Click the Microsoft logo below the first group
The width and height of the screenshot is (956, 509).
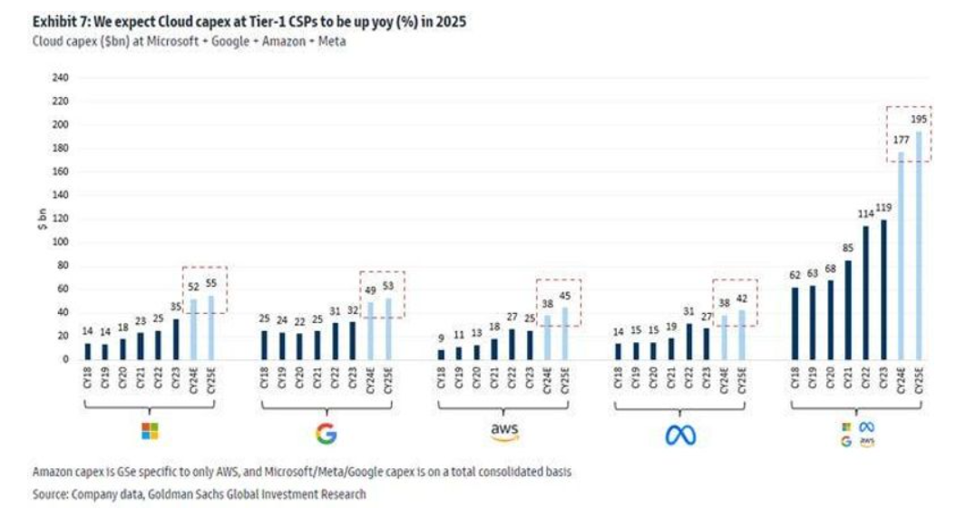click(x=150, y=431)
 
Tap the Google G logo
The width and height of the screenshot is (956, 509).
click(x=327, y=434)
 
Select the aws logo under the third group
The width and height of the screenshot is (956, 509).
click(x=504, y=432)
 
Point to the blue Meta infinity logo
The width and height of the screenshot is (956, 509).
click(x=680, y=435)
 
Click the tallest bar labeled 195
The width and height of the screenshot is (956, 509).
click(x=919, y=245)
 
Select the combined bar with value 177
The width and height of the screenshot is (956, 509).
click(x=902, y=256)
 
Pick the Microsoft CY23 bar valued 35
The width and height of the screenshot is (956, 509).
click(x=176, y=339)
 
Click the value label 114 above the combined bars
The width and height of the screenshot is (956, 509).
click(x=866, y=214)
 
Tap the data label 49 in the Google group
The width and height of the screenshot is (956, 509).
click(x=371, y=290)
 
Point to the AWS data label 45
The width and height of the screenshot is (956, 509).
click(x=565, y=297)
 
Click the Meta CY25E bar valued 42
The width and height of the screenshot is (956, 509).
click(x=742, y=335)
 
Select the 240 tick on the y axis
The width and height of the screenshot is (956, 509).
click(x=61, y=78)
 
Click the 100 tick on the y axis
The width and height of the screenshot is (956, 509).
click(x=61, y=242)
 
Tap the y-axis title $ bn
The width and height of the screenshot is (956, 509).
click(x=42, y=219)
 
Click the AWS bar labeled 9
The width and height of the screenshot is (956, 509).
click(x=441, y=354)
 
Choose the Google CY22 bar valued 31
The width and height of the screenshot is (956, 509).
click(x=335, y=341)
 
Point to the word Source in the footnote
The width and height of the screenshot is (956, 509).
click(x=51, y=494)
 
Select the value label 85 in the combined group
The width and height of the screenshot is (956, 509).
click(x=848, y=248)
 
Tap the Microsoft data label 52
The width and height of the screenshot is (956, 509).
click(x=194, y=287)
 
